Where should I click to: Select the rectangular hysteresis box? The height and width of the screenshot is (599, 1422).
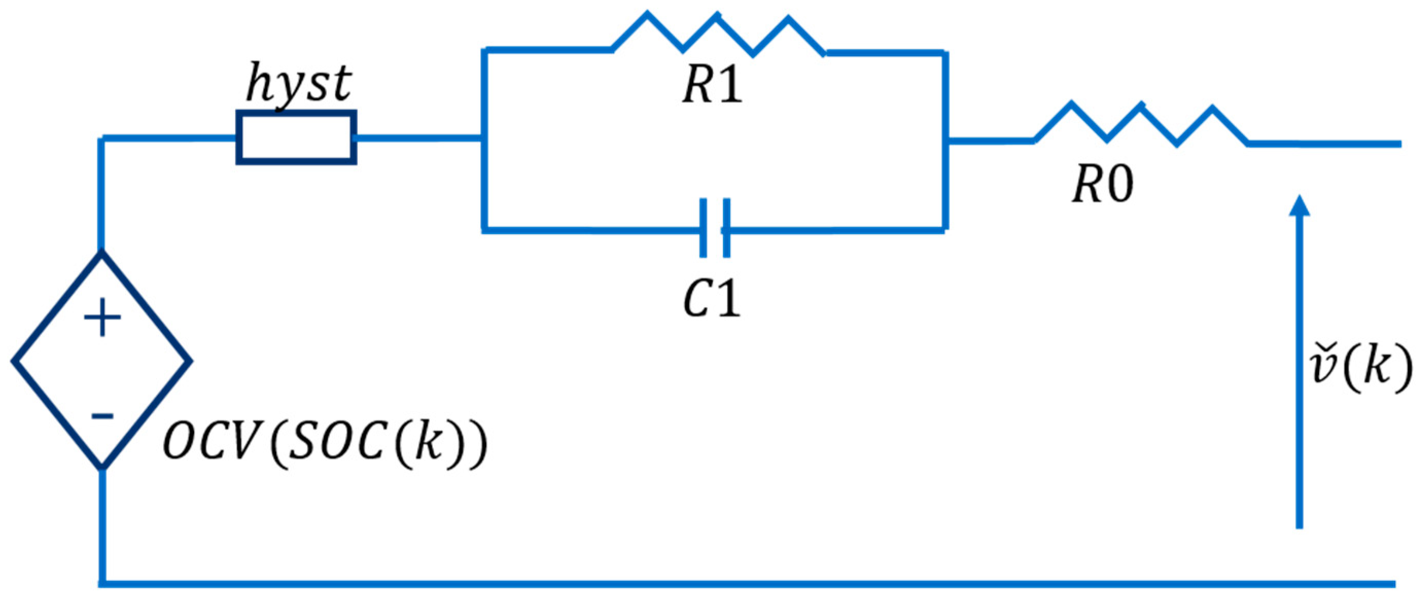point(296,137)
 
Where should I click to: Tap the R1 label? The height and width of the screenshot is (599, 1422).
point(712,86)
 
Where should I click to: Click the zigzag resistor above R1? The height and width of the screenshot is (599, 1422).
point(717,34)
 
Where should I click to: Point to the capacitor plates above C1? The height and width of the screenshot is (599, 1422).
point(715,228)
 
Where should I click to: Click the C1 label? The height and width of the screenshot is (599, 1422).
point(712,299)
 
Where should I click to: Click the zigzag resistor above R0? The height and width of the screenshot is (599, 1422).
point(1141,124)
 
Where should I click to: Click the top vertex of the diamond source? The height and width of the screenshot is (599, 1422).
point(101,253)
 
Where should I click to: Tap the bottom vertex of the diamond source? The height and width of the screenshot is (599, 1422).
point(102,468)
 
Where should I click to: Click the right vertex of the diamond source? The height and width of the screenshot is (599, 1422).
point(190,362)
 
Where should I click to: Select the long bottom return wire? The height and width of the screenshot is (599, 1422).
point(745,584)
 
